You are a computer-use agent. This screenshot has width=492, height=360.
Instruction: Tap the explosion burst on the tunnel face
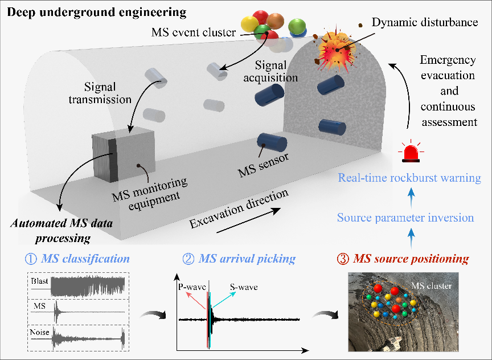click(337, 50)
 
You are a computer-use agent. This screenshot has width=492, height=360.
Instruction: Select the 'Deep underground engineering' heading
click(97, 13)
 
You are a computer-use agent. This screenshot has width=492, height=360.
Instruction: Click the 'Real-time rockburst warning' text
click(409, 178)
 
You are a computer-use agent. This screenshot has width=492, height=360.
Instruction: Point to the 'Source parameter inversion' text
click(405, 218)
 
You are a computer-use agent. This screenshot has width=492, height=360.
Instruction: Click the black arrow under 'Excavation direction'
click(248, 220)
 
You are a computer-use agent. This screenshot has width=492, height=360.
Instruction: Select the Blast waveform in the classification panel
click(88, 286)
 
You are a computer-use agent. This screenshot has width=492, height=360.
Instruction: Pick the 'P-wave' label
click(192, 287)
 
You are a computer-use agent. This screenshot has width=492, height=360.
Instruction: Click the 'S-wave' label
click(244, 287)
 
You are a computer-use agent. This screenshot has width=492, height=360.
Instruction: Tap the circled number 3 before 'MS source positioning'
click(343, 259)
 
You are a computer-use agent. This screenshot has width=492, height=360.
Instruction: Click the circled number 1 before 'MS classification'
click(31, 259)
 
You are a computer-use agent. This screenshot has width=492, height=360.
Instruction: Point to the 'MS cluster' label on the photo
click(432, 286)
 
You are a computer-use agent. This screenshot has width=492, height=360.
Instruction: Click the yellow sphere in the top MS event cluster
click(250, 24)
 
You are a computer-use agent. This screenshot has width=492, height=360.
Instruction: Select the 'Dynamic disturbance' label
click(425, 22)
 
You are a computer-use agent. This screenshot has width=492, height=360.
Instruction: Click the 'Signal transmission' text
click(100, 93)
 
